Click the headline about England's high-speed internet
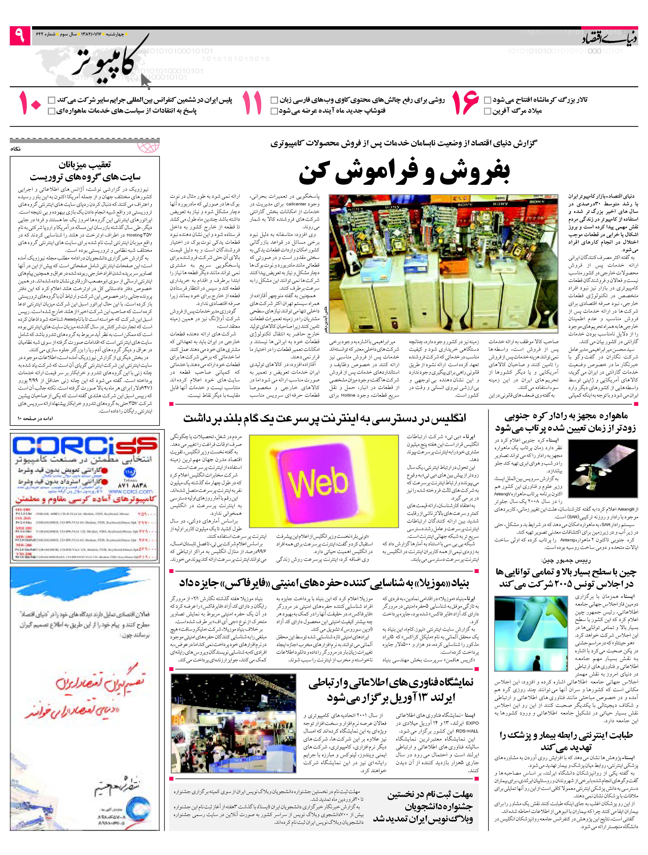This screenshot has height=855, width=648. (325, 418)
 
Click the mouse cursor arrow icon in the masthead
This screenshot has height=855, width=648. (145, 81)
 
